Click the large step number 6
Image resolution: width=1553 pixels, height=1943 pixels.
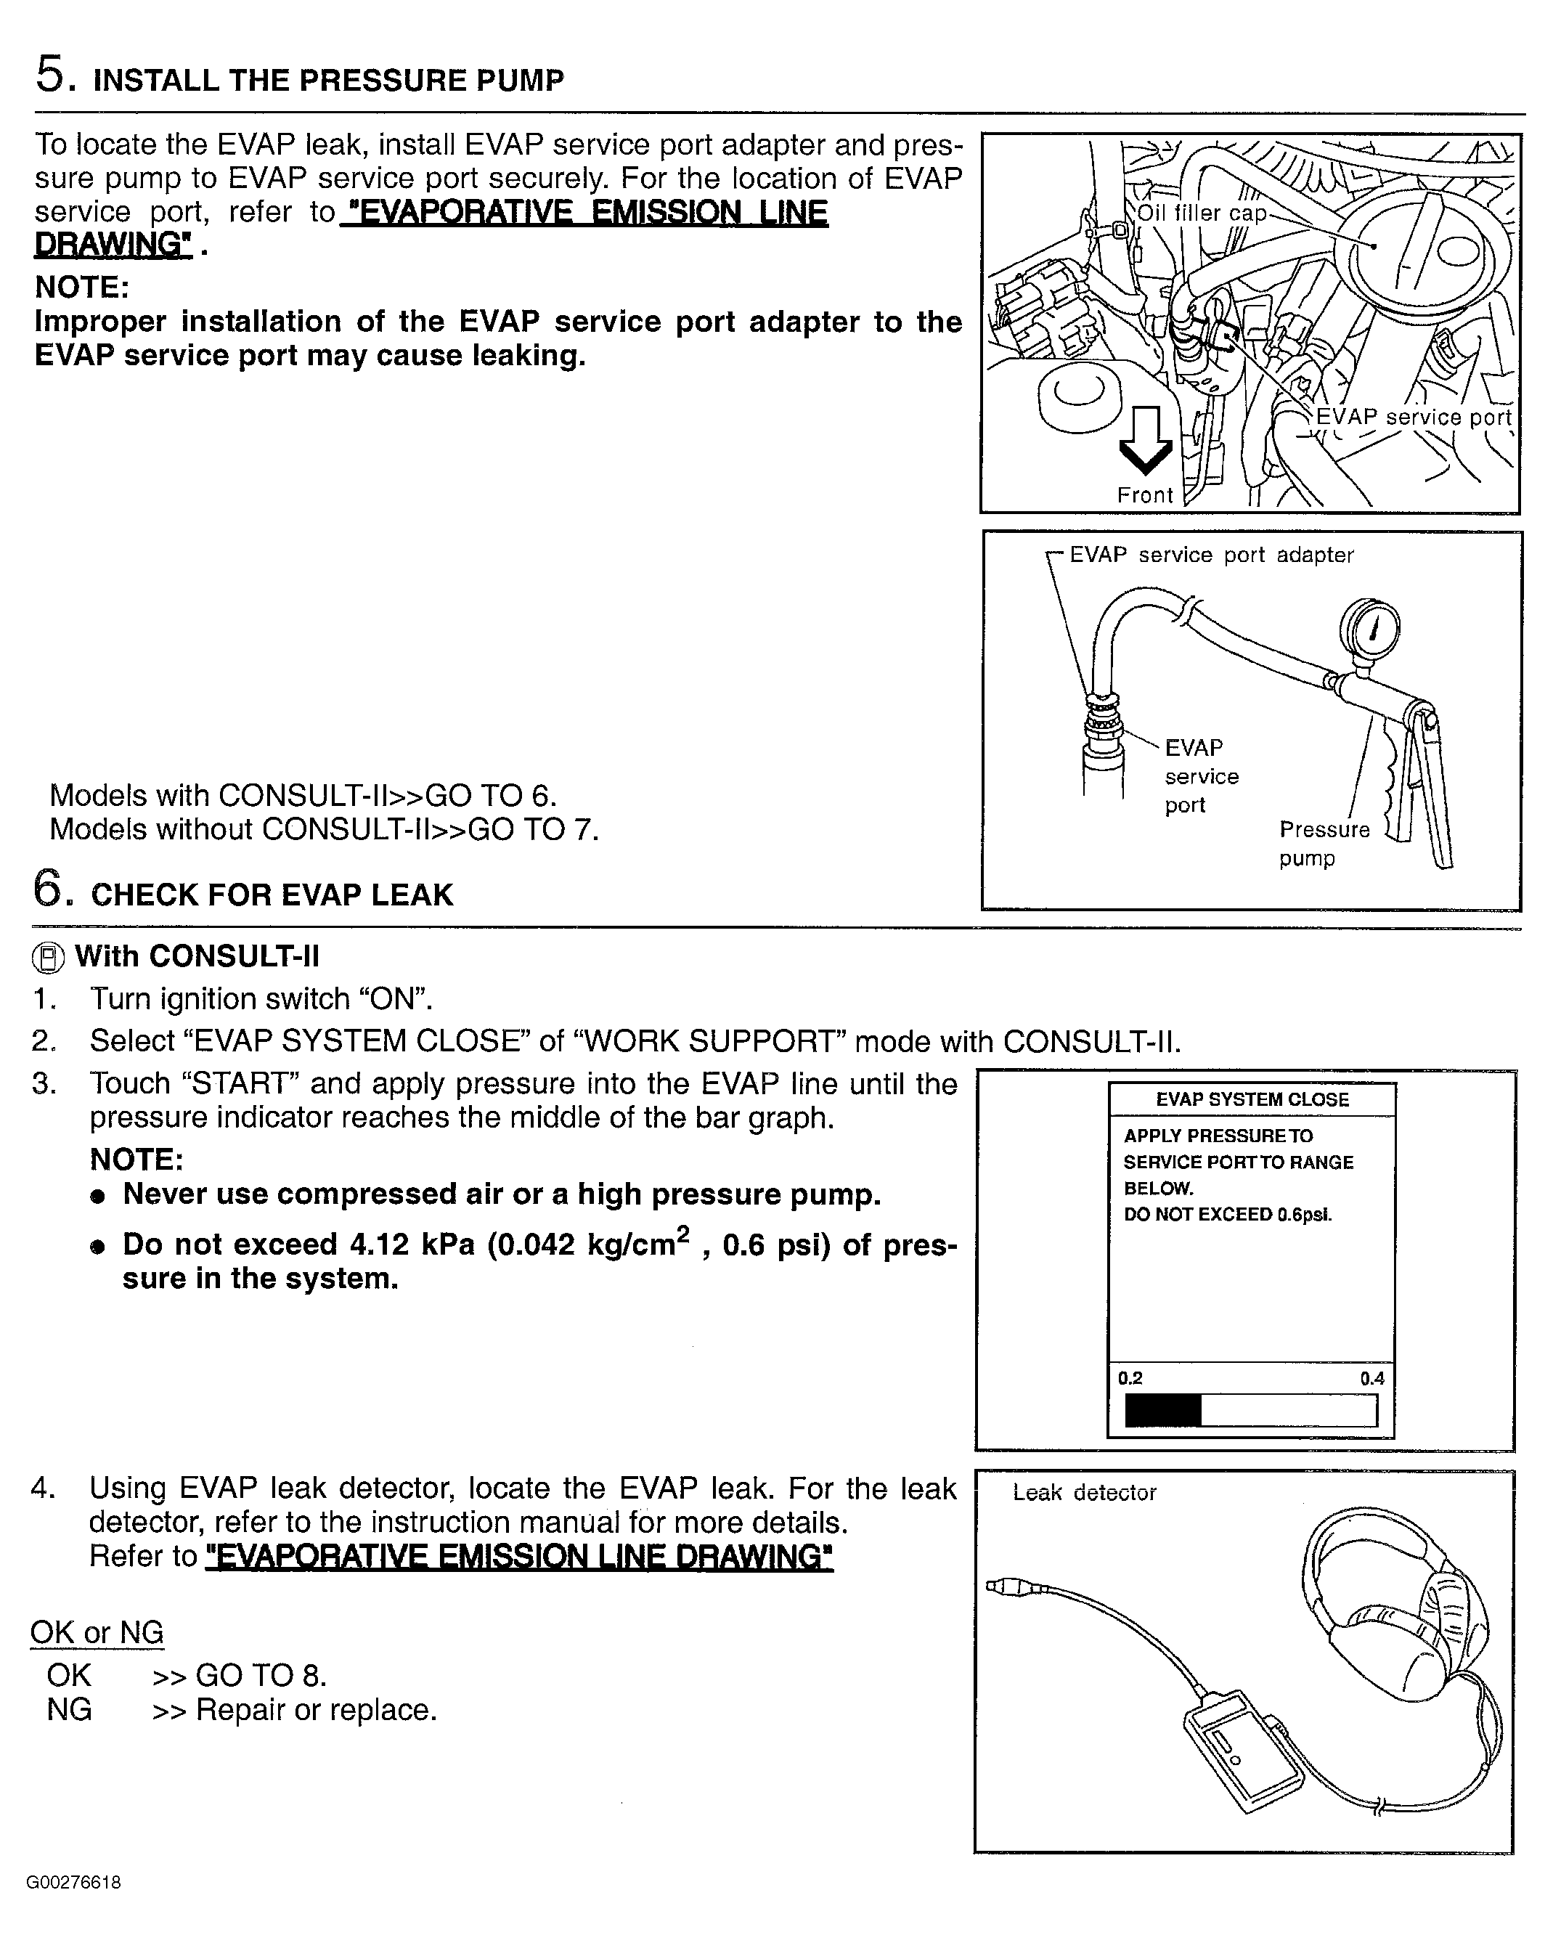(x=49, y=889)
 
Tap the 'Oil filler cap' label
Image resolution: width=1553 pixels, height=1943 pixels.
(x=1202, y=213)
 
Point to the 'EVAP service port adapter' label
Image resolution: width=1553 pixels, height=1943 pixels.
(x=1211, y=555)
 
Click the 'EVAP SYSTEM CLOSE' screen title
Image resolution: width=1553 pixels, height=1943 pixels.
(x=1252, y=1099)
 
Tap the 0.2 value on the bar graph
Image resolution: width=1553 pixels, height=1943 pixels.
(x=1130, y=1378)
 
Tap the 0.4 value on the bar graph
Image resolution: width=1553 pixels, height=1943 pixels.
(x=1371, y=1378)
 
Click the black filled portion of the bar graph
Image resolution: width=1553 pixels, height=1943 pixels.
(x=1162, y=1410)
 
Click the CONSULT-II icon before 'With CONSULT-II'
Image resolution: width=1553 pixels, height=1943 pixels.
(x=49, y=958)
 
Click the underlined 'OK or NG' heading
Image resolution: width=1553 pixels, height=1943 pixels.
(x=97, y=1632)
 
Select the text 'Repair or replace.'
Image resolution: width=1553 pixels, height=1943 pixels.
(x=317, y=1710)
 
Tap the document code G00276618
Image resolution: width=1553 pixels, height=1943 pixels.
(x=74, y=1883)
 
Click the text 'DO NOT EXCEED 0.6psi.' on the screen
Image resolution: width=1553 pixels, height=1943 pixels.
(x=1227, y=1215)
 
